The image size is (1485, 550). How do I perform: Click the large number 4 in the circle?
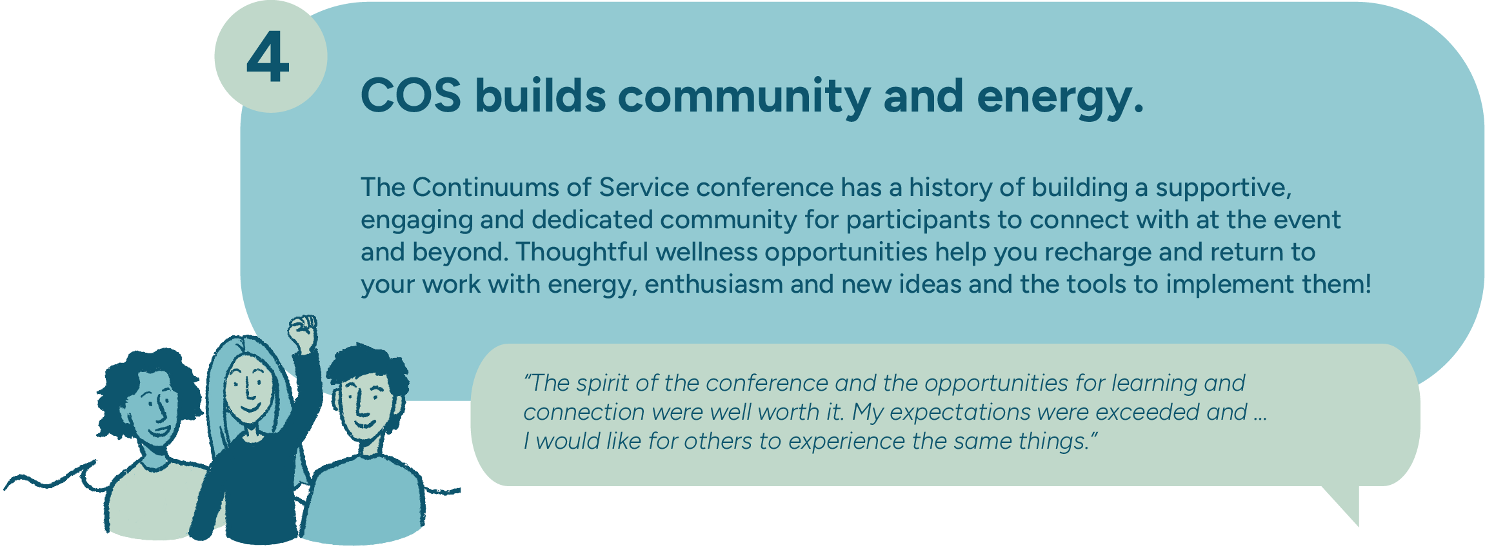click(268, 59)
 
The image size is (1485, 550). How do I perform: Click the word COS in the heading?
click(411, 96)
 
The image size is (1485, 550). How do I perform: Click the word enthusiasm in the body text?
click(713, 284)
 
